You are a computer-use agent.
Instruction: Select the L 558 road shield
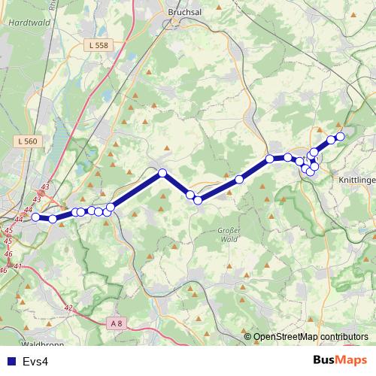click(99, 46)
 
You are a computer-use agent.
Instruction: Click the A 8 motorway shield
click(115, 323)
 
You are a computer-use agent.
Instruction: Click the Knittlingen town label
click(358, 181)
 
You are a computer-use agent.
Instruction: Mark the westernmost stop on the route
click(35, 217)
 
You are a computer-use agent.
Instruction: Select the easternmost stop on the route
click(340, 136)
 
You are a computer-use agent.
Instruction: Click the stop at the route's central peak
click(162, 174)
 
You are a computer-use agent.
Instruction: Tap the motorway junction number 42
click(68, 308)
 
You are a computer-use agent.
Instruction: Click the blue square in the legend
click(10, 362)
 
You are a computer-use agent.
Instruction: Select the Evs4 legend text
click(35, 362)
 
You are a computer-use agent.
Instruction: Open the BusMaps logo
click(341, 360)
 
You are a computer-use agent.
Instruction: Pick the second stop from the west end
click(53, 219)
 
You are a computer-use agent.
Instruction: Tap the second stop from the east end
click(331, 140)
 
